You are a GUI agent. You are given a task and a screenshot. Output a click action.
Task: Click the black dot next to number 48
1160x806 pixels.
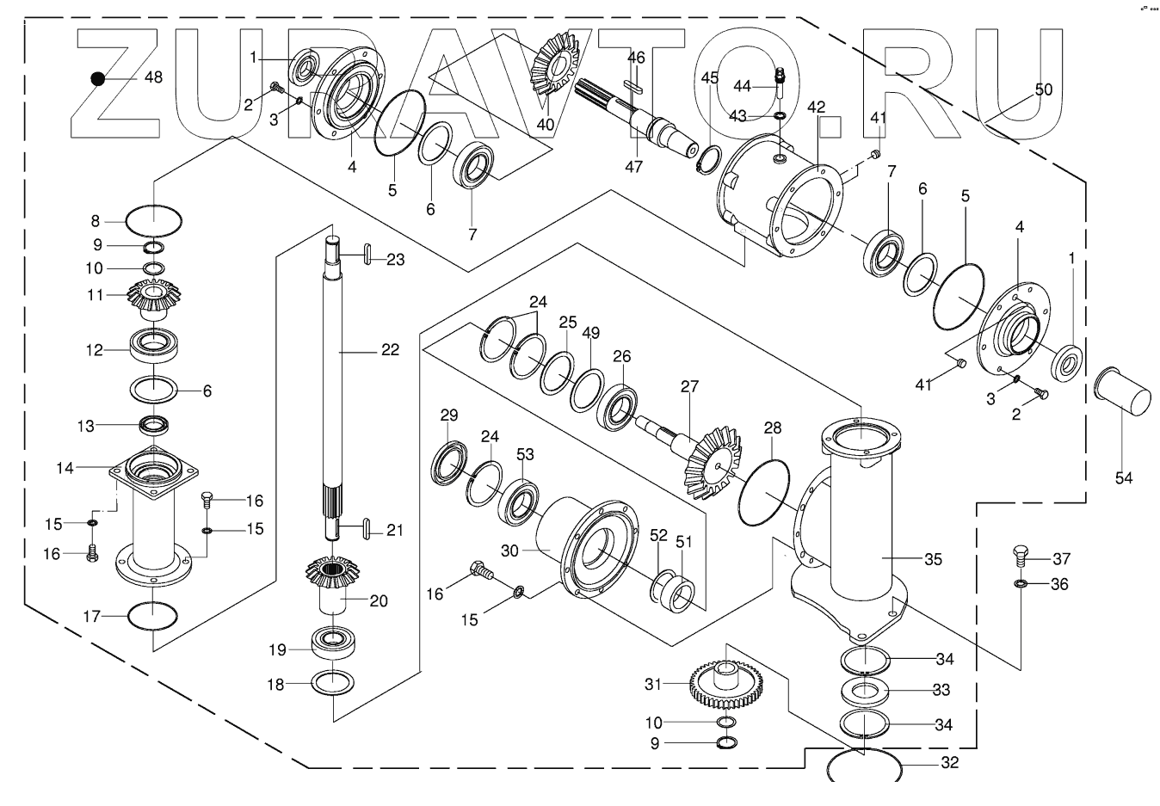click(98, 78)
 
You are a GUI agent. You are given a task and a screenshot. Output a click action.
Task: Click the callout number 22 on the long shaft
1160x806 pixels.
click(390, 350)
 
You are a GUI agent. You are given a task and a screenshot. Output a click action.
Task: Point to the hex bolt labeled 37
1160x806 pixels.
click(1021, 555)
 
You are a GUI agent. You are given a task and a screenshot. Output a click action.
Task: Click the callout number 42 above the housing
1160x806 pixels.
click(817, 108)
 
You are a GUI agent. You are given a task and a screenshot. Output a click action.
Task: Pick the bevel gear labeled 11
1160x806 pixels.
click(152, 298)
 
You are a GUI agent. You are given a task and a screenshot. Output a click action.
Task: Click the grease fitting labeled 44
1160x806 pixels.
click(781, 78)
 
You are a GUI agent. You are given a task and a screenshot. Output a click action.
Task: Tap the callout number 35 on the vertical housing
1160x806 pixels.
click(934, 559)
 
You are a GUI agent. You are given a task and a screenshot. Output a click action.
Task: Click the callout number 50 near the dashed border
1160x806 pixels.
click(1043, 89)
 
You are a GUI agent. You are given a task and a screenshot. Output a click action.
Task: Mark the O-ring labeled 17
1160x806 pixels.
click(152, 616)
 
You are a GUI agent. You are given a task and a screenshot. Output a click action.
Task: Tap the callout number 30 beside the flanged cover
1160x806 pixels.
click(510, 551)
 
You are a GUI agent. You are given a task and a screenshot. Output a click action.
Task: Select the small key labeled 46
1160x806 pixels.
click(636, 85)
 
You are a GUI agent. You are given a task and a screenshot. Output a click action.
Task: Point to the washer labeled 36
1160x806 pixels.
click(1021, 584)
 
